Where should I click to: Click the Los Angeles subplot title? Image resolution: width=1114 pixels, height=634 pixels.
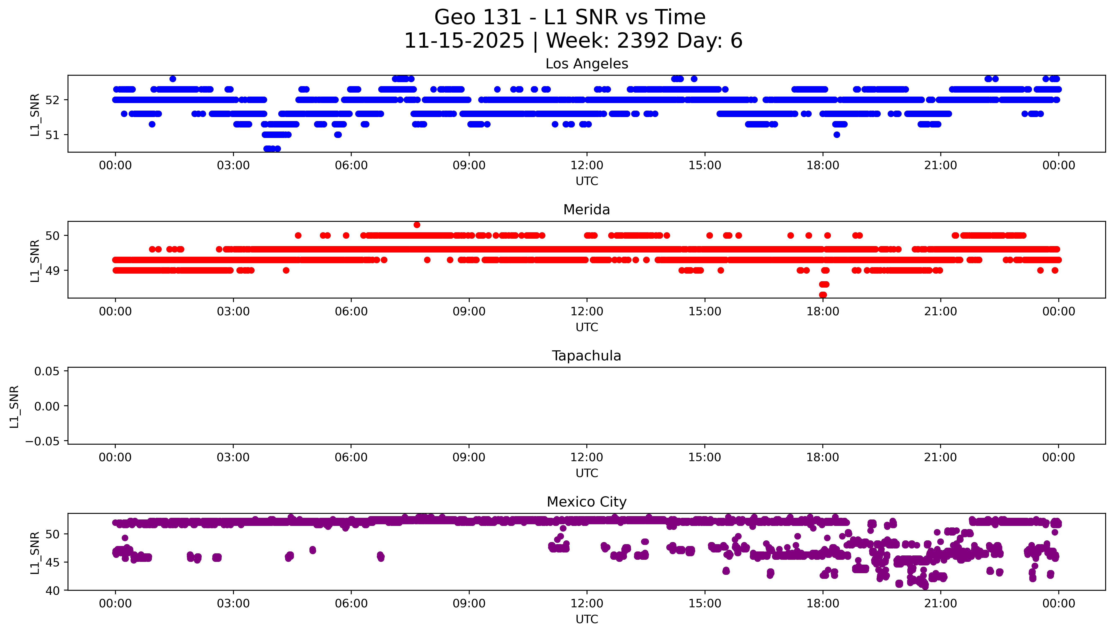(586, 64)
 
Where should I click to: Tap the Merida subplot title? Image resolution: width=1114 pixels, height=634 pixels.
(586, 210)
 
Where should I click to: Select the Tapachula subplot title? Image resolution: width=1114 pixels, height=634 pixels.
(586, 356)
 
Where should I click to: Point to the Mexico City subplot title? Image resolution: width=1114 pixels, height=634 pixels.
(586, 502)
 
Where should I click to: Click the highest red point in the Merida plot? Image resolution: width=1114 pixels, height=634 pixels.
(417, 225)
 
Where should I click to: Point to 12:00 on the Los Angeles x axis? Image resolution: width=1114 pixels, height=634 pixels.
(587, 166)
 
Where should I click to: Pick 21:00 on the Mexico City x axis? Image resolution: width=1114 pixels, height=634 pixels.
(941, 603)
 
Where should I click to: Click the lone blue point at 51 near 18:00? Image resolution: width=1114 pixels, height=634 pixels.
(836, 135)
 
